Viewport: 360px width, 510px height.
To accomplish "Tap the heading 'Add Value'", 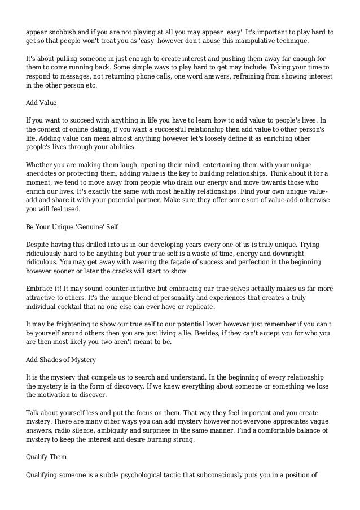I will click(x=40, y=103).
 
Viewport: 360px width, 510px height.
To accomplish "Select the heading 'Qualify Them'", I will click(x=45, y=458).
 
